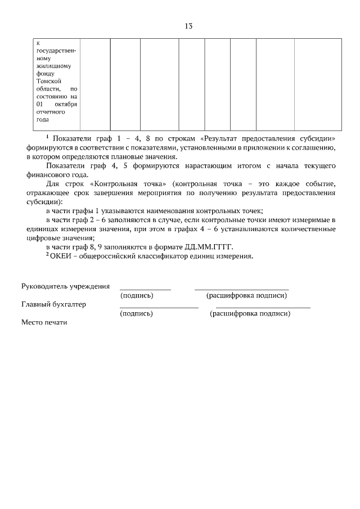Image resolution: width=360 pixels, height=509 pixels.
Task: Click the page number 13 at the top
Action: (x=188, y=26)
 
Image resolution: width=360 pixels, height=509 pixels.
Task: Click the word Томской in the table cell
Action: (x=48, y=81)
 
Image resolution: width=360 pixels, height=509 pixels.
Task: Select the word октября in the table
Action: (x=66, y=104)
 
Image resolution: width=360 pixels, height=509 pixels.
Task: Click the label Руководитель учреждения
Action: (x=65, y=286)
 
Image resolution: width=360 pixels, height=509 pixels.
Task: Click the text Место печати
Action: (x=44, y=322)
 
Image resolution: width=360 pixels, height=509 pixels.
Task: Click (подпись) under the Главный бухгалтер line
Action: (x=137, y=313)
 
